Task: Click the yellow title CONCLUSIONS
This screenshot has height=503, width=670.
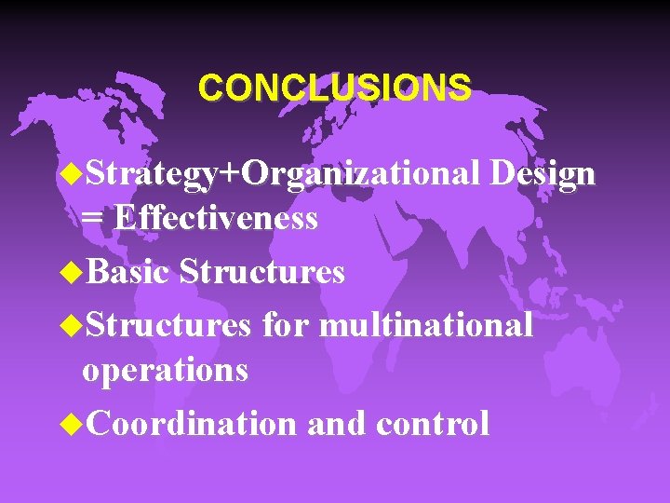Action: (x=334, y=88)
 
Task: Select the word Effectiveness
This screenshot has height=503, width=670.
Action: (x=216, y=219)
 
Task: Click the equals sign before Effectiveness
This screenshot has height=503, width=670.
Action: (x=92, y=219)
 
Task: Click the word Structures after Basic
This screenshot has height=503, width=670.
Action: (x=261, y=272)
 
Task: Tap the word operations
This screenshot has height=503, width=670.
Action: (x=165, y=371)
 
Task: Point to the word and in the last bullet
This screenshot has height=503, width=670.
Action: (x=336, y=424)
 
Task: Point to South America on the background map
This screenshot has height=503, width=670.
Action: (x=186, y=373)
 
